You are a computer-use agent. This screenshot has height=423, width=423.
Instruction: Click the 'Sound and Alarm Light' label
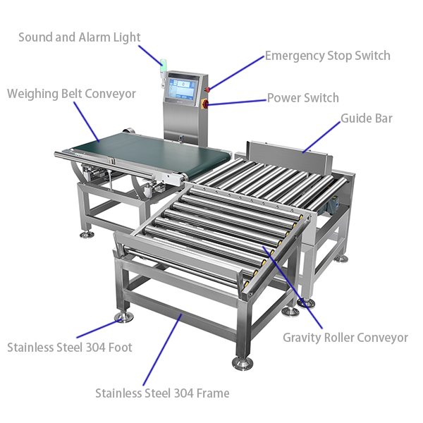coord(79,37)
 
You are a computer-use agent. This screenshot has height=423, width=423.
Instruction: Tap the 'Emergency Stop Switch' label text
coord(328,56)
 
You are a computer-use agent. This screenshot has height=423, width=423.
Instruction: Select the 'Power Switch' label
coord(302,98)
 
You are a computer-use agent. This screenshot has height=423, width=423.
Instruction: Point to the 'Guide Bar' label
coord(367,118)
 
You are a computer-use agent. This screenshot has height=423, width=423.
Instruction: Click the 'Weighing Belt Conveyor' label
coord(71,94)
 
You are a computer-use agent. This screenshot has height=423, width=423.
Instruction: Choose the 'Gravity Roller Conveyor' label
coord(345,338)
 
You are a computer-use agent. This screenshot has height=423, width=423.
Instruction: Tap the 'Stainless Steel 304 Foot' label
coord(70,347)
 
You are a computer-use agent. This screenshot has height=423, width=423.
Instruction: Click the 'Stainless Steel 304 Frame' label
coord(162,393)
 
